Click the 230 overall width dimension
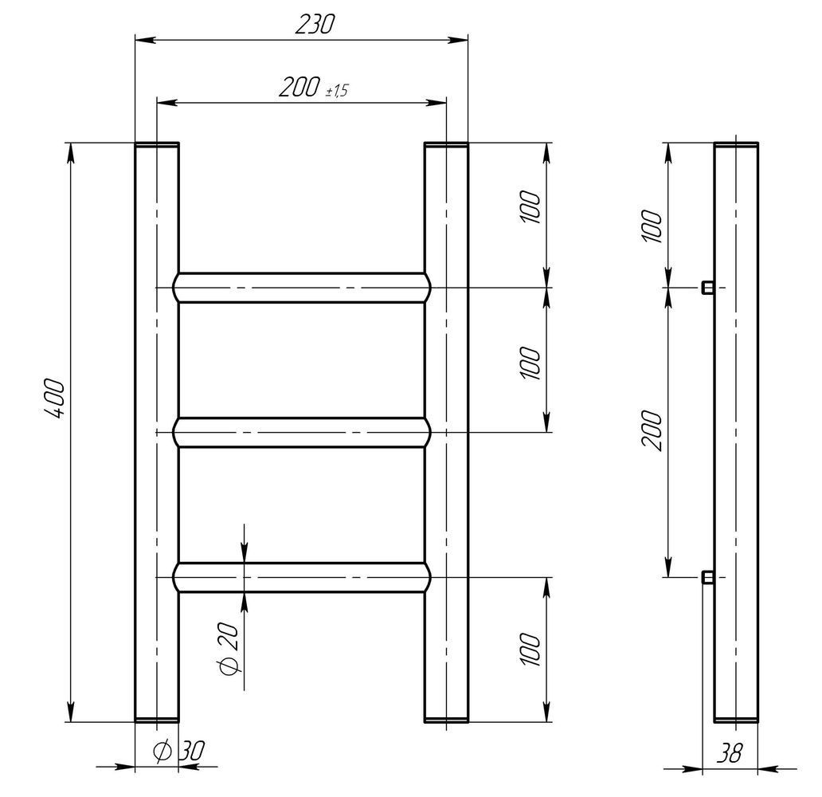(314, 25)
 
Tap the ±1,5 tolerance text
(337, 91)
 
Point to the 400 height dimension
(54, 398)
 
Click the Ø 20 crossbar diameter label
(229, 649)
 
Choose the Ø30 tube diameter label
(178, 751)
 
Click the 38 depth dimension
(730, 753)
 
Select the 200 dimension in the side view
(652, 430)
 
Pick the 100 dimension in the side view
(652, 226)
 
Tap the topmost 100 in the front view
(530, 207)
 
